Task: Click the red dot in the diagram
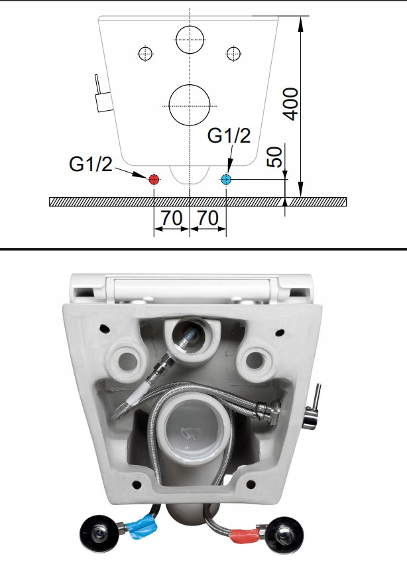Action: point(154,179)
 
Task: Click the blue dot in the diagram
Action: point(226,179)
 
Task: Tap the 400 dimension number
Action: point(291,104)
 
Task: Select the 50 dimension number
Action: point(276,157)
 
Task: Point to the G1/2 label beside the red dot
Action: point(90,164)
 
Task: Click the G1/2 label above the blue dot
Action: point(229,135)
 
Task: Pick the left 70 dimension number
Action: point(172,218)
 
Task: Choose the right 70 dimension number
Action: point(208,218)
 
